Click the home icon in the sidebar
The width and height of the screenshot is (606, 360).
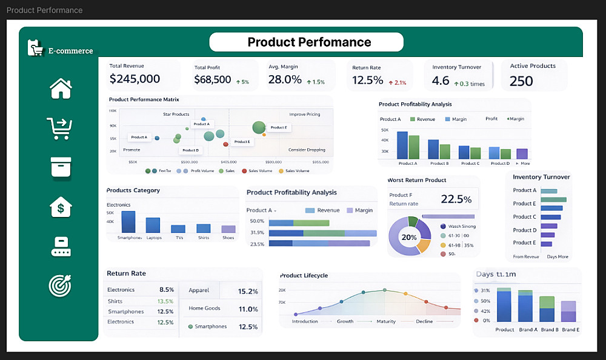tap(61, 88)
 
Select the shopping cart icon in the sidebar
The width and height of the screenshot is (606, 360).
tap(59, 128)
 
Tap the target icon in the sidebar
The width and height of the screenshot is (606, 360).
tap(61, 285)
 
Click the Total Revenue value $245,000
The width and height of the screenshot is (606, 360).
tap(135, 79)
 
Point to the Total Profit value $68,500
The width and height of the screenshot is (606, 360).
tap(213, 79)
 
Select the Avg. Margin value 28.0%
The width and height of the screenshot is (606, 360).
tap(285, 79)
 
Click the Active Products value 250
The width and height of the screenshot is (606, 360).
tap(521, 81)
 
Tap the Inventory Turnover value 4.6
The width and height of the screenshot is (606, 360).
tap(441, 81)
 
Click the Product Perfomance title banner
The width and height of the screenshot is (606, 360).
tap(306, 42)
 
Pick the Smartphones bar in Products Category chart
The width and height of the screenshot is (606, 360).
tap(128, 222)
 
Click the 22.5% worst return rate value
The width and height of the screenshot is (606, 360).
tap(456, 199)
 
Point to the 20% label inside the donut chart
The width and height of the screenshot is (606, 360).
tap(409, 237)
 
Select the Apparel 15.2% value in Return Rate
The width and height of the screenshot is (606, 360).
tap(248, 292)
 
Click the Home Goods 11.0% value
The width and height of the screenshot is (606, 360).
tap(248, 309)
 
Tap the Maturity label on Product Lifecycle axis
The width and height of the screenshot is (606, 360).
tap(386, 321)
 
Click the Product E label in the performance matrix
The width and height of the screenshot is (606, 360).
tap(278, 128)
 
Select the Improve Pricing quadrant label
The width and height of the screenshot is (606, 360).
tap(304, 114)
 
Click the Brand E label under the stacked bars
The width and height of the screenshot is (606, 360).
tap(570, 330)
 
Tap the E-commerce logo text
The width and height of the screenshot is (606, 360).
tap(70, 51)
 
